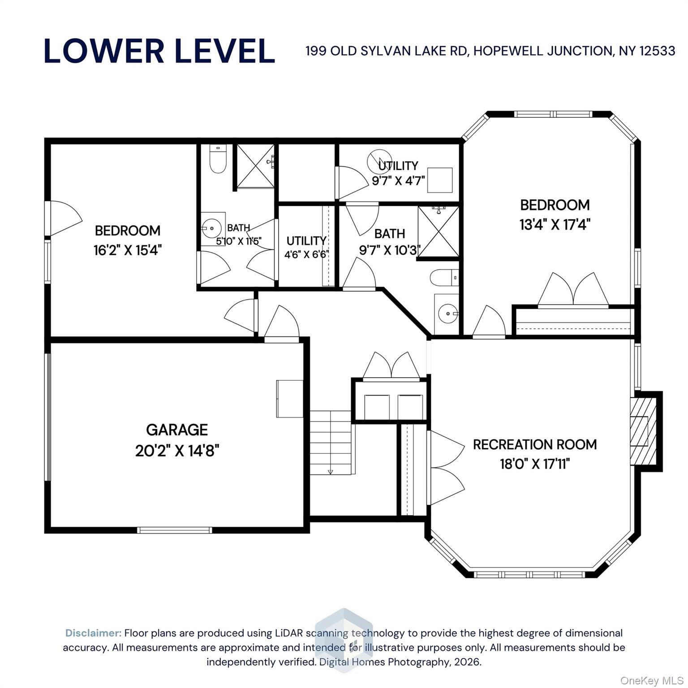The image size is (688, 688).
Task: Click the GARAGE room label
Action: point(177,430)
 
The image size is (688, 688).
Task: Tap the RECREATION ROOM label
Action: point(535,444)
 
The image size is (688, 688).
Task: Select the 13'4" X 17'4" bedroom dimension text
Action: point(555,224)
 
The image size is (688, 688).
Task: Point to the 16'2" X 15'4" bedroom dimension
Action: point(127,250)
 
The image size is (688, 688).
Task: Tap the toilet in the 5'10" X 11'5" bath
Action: point(218,159)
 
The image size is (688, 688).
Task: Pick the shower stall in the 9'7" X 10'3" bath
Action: point(438,231)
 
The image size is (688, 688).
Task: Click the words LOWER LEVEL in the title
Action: point(159,51)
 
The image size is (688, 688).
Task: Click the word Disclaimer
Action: point(93,633)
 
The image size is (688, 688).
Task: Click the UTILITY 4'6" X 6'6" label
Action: point(307,247)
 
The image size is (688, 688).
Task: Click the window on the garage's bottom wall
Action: point(174,530)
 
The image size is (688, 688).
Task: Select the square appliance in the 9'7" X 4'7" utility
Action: point(440,180)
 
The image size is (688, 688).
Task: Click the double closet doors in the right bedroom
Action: point(573,289)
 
